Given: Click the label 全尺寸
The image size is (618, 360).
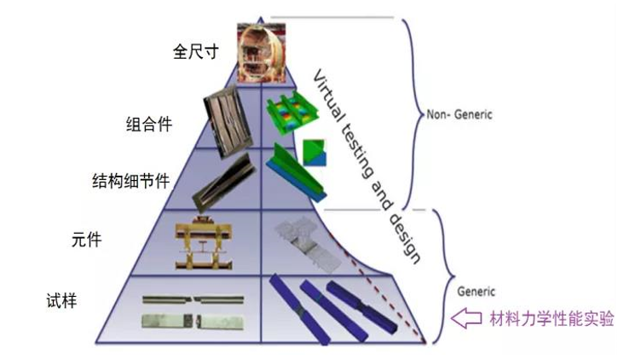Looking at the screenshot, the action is (195, 52).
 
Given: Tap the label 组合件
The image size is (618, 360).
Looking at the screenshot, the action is (149, 125).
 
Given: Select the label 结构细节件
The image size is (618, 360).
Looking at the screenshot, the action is (131, 181).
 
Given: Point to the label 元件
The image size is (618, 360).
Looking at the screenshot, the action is (86, 240).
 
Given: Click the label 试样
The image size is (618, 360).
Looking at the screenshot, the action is (61, 301).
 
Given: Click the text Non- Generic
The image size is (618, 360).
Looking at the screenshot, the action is (459, 115).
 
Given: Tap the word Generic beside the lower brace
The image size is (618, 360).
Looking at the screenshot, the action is (476, 292).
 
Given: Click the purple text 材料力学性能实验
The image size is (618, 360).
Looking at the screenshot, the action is (552, 318).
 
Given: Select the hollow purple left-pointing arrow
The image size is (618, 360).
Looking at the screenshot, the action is (466, 318).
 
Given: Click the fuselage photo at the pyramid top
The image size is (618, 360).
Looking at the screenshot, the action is (262, 53).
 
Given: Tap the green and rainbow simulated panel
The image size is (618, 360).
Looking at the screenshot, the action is (292, 113).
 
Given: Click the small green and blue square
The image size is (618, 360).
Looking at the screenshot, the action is (315, 153).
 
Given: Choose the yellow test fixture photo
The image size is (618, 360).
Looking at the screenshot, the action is (204, 243).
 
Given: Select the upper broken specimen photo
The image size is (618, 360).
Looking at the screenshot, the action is (193, 300).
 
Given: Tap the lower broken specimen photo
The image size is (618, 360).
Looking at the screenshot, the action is (193, 322).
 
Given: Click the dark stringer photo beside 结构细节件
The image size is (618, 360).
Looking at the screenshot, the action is (224, 182).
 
